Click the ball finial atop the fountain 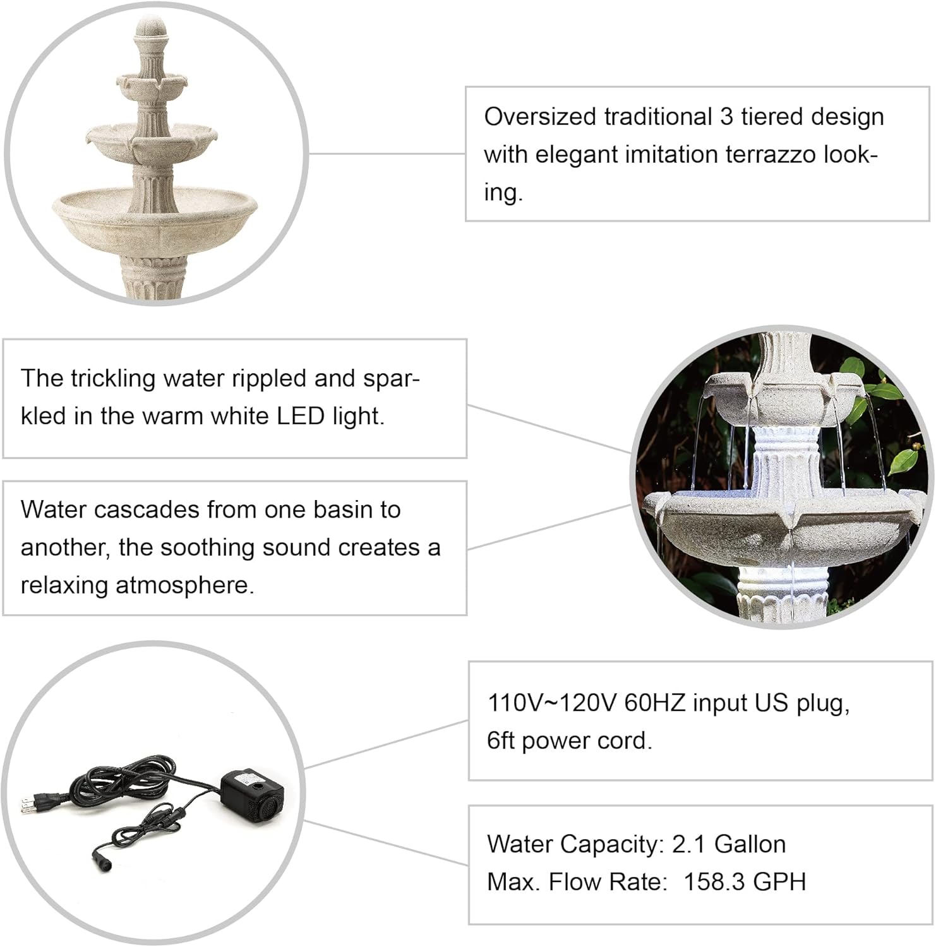coord(152,29)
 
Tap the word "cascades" coord(147,510)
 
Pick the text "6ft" coord(501,741)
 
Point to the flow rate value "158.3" coord(714,882)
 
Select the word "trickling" coord(113,379)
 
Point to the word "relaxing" coord(64,586)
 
